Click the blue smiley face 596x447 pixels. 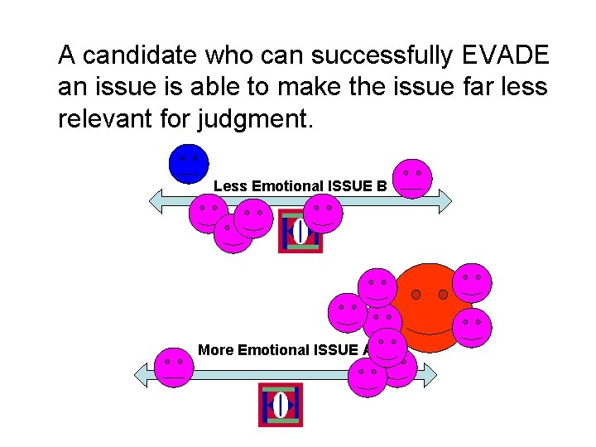pyautogui.click(x=189, y=163)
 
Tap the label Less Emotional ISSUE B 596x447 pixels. pyautogui.click(x=300, y=186)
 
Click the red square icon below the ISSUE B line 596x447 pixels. pyautogui.click(x=300, y=232)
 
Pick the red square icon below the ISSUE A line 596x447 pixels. pyautogui.click(x=281, y=405)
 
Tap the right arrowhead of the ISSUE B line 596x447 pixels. pyautogui.click(x=445, y=199)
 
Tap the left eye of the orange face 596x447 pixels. pyautogui.click(x=416, y=294)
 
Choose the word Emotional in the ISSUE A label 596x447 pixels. pyautogui.click(x=273, y=350)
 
